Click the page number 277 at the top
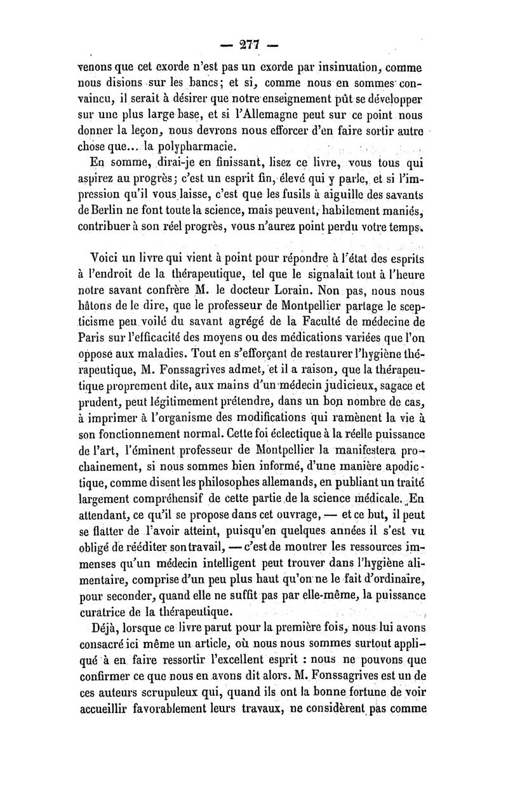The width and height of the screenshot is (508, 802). click(254, 46)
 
